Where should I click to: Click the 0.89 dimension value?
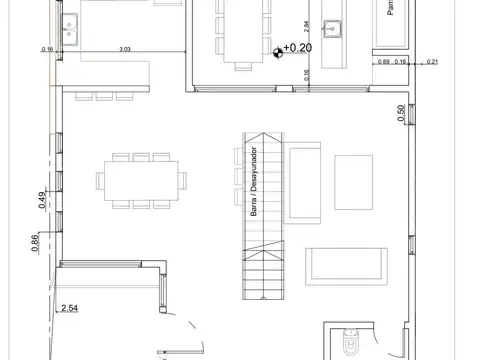[x=384, y=62]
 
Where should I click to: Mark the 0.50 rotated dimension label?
[x=401, y=114]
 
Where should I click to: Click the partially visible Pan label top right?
[x=389, y=9]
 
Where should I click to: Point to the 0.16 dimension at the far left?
[x=46, y=48]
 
